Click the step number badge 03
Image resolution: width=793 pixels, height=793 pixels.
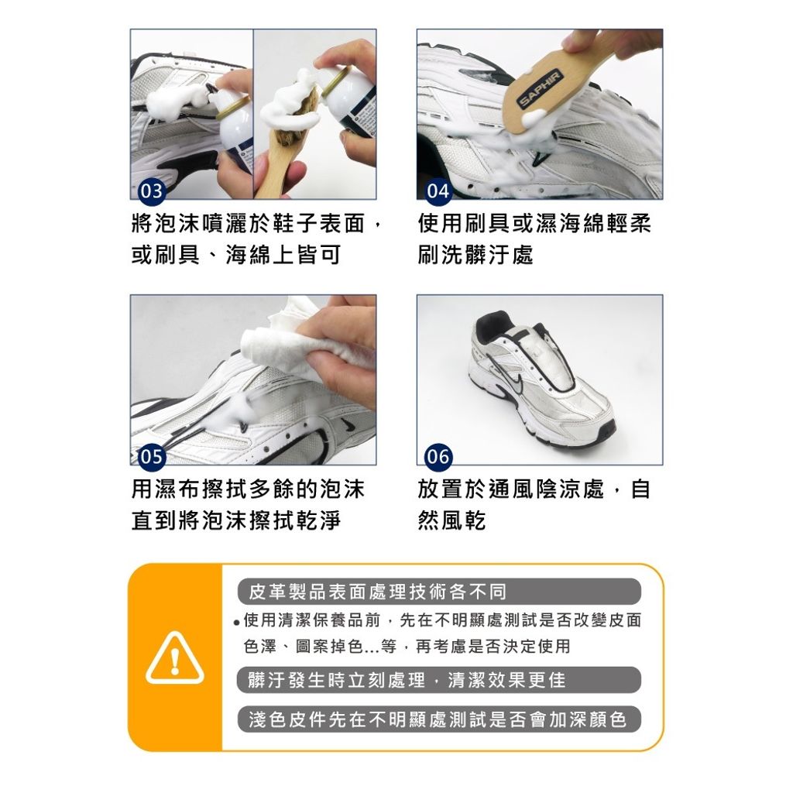(151, 191)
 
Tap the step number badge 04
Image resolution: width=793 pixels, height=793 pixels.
(438, 191)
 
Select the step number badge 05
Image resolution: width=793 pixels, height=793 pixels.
(151, 457)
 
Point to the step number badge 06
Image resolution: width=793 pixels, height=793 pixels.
(438, 457)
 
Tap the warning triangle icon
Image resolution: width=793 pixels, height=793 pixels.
(175, 658)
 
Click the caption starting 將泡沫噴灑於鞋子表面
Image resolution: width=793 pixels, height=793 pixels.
(256, 225)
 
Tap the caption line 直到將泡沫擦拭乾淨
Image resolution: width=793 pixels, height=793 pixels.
(236, 520)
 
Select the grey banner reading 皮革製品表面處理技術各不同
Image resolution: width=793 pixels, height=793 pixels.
(439, 592)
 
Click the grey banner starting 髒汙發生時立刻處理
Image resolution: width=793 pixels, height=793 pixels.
(439, 680)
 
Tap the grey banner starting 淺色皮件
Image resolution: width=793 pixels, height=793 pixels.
(439, 719)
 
